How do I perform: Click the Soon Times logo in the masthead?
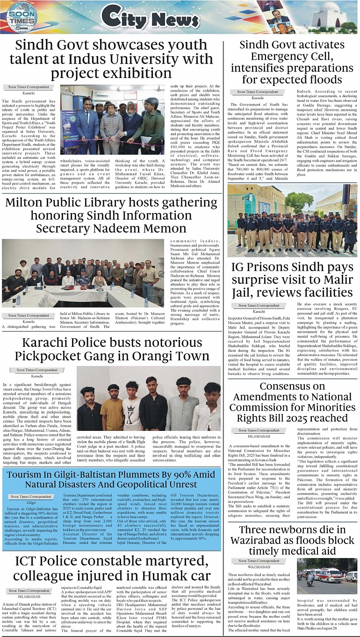pos(22,17)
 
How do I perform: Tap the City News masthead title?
pos(150,19)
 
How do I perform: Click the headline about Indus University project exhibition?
pos(111,59)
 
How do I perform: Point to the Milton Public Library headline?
pos(111,215)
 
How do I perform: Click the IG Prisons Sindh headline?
pos(292,279)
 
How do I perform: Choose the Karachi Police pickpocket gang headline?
pos(111,349)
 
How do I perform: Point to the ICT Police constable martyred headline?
pos(111,568)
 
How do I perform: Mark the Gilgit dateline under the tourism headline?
pos(31,502)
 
